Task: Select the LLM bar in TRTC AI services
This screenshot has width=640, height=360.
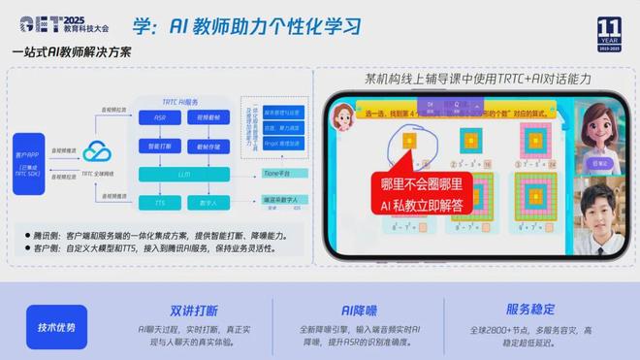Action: pos(184,175)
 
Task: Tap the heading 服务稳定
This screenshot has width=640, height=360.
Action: pos(530,311)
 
